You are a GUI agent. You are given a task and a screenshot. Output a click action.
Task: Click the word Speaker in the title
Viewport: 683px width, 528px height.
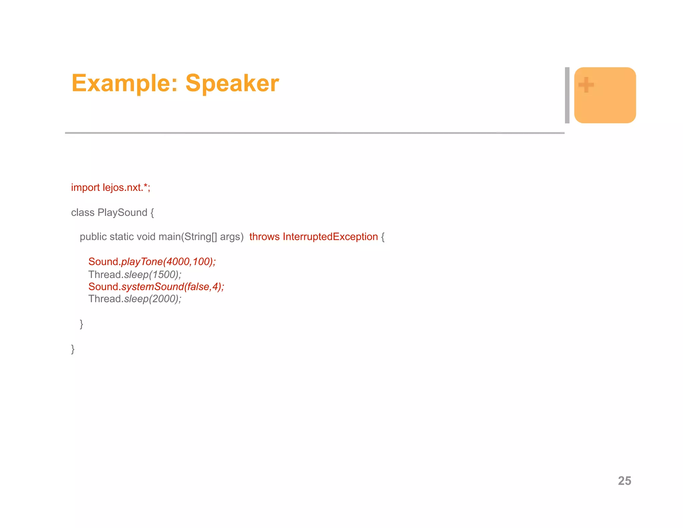point(232,83)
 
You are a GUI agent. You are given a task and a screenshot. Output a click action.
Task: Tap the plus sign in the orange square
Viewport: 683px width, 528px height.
point(586,85)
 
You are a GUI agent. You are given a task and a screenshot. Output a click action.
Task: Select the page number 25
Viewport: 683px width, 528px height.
point(624,481)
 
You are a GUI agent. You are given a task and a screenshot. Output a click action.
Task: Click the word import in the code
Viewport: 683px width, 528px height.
point(85,188)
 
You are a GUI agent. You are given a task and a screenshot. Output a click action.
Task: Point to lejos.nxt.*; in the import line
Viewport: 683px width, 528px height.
point(126,188)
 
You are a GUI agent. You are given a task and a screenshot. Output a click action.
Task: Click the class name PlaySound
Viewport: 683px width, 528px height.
point(122,213)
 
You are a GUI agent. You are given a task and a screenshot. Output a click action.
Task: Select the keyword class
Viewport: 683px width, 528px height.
point(83,213)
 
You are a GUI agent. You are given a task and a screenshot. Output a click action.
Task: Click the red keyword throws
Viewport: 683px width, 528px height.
point(264,237)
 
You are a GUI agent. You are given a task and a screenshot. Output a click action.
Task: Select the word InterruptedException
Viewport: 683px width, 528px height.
point(330,237)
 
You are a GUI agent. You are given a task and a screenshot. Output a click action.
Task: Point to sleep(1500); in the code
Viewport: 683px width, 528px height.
point(153,275)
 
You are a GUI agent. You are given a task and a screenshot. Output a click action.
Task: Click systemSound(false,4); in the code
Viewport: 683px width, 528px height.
point(173,287)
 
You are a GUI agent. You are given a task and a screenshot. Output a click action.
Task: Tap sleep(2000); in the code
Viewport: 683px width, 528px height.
point(153,299)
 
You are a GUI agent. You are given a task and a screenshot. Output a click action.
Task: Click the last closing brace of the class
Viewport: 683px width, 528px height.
point(73,349)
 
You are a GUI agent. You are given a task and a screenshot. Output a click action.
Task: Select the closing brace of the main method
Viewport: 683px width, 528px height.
point(81,324)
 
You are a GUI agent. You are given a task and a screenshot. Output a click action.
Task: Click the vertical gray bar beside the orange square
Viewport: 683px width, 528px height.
point(567,95)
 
